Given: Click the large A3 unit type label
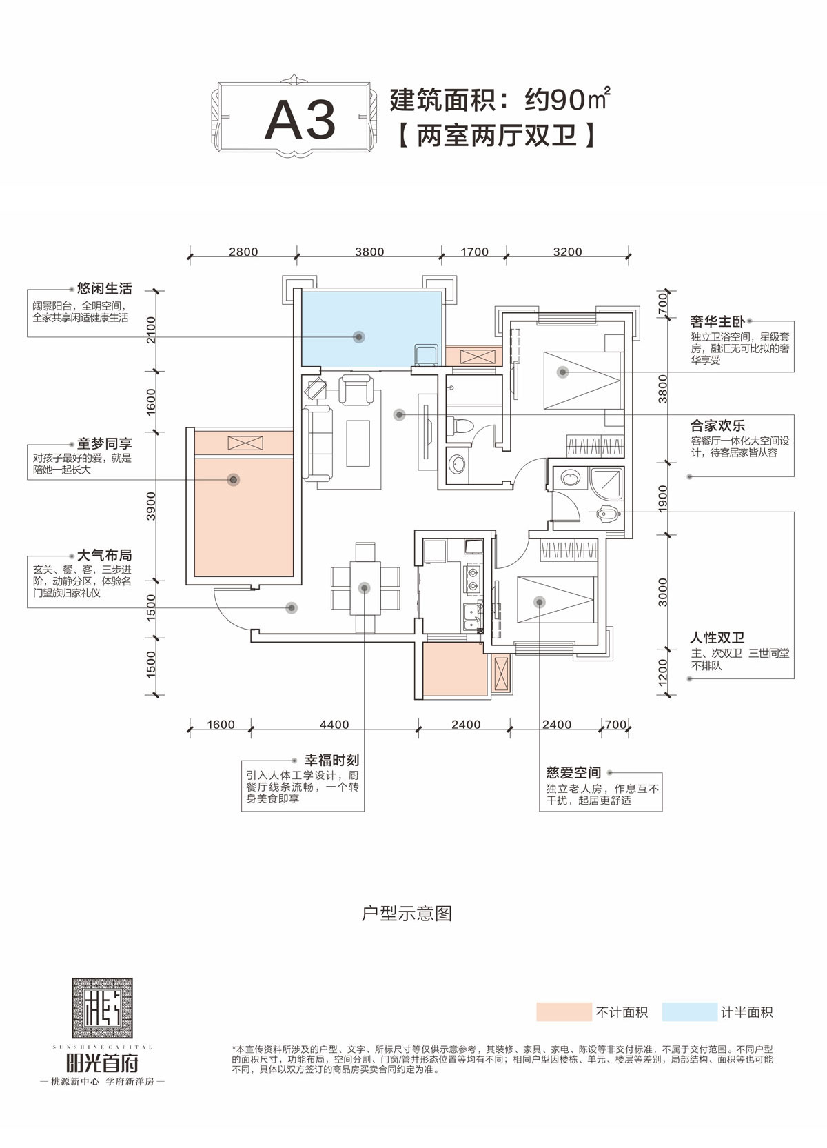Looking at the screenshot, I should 300,120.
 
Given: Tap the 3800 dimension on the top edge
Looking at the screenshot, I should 369,252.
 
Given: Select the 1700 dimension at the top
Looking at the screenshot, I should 474,252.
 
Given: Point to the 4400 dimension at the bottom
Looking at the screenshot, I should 334,725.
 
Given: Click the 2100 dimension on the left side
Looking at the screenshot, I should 152,330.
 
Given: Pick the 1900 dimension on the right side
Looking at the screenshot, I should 663,497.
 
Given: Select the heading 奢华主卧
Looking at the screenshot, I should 717,321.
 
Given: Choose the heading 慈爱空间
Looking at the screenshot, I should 573,773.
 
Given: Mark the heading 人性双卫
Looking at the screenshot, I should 717,638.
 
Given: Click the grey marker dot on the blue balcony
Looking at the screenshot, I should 358,337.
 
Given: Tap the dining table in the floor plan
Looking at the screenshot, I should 365,587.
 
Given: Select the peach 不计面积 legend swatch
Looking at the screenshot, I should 564,1011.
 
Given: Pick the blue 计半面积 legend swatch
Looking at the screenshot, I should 689,1011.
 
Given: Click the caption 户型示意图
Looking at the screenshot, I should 407,914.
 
